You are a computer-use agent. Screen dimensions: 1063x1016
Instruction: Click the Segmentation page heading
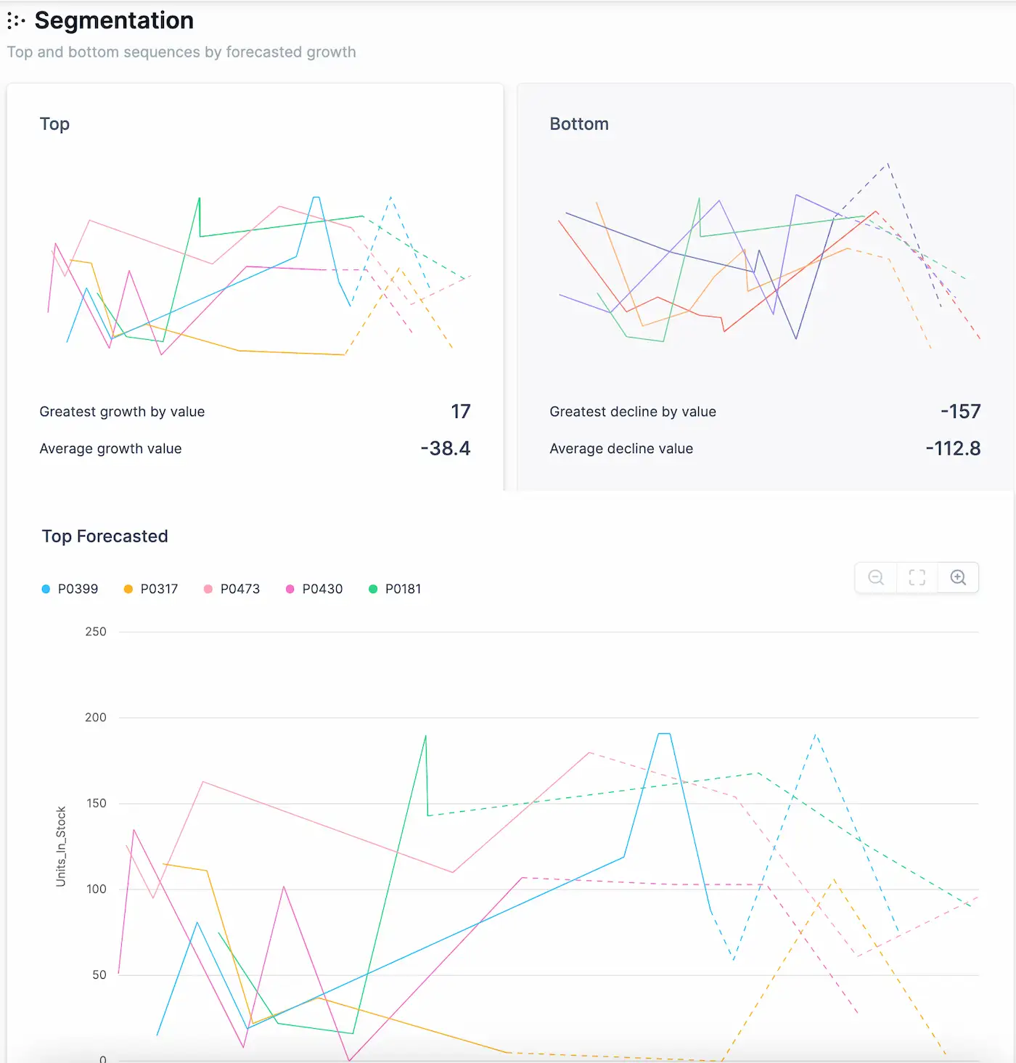tap(114, 20)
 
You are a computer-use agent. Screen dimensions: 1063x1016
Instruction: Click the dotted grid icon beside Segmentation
tap(16, 21)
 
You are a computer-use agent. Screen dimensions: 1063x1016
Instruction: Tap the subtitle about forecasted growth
tap(181, 52)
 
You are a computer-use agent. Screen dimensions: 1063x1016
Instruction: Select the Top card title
tap(54, 124)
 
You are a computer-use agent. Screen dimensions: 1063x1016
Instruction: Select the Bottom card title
tap(578, 124)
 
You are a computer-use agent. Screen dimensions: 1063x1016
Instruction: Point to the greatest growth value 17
tap(460, 412)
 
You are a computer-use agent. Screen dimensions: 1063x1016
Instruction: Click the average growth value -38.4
tap(445, 449)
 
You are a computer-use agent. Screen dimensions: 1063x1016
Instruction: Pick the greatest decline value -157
tap(959, 412)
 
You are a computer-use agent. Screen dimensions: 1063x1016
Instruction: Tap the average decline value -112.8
tap(952, 449)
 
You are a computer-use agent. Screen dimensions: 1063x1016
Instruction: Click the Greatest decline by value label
tap(632, 412)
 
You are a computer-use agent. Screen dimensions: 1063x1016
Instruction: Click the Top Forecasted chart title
tap(105, 537)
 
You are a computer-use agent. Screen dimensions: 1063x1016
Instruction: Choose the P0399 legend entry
tap(70, 589)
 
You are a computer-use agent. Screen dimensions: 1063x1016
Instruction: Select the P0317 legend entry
tap(152, 589)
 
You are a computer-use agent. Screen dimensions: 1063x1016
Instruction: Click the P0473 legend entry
tap(232, 589)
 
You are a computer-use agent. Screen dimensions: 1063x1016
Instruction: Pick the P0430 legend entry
tap(314, 589)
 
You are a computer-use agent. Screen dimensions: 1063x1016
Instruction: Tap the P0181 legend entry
tap(396, 589)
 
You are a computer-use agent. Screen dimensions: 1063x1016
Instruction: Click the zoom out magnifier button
tap(876, 577)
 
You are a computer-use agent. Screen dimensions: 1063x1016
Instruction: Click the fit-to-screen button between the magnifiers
tap(917, 577)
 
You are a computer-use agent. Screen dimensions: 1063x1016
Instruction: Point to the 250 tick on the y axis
tap(96, 632)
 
